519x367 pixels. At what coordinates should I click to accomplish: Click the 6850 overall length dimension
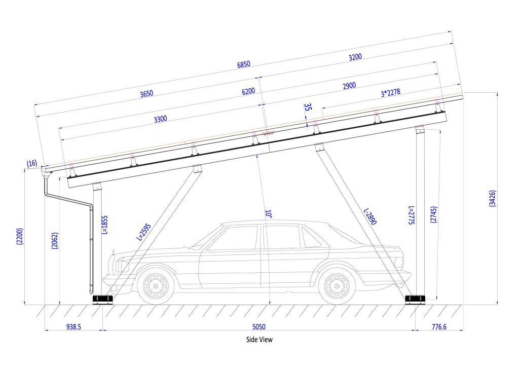click(x=244, y=64)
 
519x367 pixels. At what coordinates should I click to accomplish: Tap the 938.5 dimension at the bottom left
click(x=73, y=327)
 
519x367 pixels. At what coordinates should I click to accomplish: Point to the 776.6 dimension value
click(x=438, y=327)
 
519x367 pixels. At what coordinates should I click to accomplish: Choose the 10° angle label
click(x=268, y=215)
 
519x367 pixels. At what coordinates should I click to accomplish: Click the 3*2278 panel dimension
click(x=391, y=94)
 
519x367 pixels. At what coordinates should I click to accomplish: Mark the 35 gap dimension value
click(x=308, y=107)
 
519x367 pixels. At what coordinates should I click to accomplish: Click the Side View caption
click(x=259, y=340)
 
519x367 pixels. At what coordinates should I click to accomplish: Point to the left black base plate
click(x=103, y=299)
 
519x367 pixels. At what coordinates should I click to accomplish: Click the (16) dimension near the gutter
click(x=32, y=163)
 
